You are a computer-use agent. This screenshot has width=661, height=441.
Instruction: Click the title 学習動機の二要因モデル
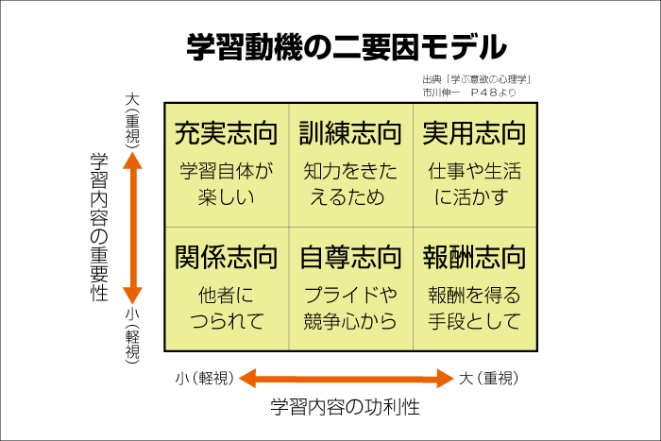tap(346, 46)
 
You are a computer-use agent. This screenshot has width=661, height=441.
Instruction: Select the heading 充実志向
tap(227, 133)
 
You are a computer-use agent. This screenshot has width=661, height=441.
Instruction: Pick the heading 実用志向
tap(474, 133)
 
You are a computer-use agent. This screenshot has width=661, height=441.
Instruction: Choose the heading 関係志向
tap(227, 257)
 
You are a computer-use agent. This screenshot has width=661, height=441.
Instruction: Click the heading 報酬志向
tap(474, 257)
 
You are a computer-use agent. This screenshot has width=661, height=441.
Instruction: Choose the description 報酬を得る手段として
tap(474, 308)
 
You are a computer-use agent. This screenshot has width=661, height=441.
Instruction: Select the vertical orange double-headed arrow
tap(133, 227)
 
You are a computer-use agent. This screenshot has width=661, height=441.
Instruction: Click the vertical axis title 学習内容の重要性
tap(98, 227)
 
